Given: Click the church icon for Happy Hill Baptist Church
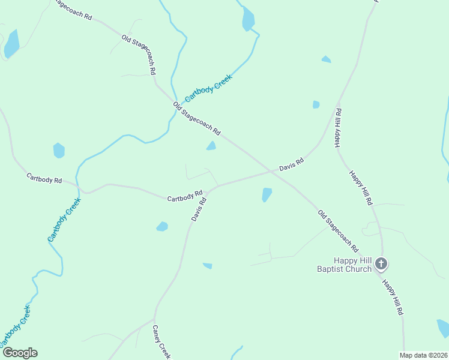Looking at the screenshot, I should [381, 263].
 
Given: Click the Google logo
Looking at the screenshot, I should [19, 353].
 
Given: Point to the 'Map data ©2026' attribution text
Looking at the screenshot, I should [423, 355].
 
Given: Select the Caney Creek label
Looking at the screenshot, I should [161, 342].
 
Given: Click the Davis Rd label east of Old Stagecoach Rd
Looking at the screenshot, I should [292, 164].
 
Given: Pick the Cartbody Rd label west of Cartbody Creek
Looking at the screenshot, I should [44, 178].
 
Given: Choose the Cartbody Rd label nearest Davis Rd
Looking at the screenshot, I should [185, 196].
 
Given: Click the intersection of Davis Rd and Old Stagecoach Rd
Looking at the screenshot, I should [272, 172].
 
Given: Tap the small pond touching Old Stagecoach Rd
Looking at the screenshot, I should [211, 146].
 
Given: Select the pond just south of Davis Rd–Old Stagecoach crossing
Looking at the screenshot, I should [267, 194].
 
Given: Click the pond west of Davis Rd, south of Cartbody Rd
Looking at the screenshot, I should [161, 226].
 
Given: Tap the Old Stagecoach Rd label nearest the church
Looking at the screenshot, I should [338, 231].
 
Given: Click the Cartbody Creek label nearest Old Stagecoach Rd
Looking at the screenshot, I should [208, 88].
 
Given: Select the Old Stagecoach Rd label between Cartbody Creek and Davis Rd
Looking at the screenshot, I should [197, 119].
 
